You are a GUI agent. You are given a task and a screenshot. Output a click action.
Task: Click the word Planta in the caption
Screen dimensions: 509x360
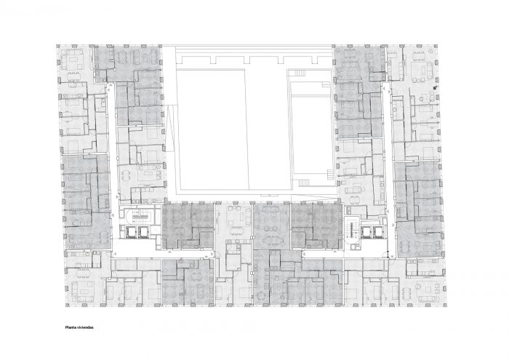(x=70, y=327)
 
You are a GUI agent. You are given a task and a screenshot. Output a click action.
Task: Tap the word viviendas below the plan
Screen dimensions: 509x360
(x=84, y=327)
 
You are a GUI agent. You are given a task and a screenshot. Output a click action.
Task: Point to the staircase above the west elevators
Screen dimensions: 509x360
(x=142, y=215)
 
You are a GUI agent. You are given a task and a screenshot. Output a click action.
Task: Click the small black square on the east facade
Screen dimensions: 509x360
(x=435, y=87)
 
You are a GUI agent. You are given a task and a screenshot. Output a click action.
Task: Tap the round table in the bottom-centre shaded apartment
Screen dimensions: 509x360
(x=260, y=295)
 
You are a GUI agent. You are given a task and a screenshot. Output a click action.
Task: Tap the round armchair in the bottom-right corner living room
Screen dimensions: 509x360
(x=418, y=286)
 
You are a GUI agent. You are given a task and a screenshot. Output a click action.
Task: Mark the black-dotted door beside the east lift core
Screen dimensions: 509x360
(x=388, y=254)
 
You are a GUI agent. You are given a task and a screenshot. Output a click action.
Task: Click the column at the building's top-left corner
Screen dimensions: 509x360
(x=58, y=47)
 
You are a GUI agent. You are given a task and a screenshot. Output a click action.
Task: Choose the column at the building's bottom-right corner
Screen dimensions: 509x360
(x=444, y=305)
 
